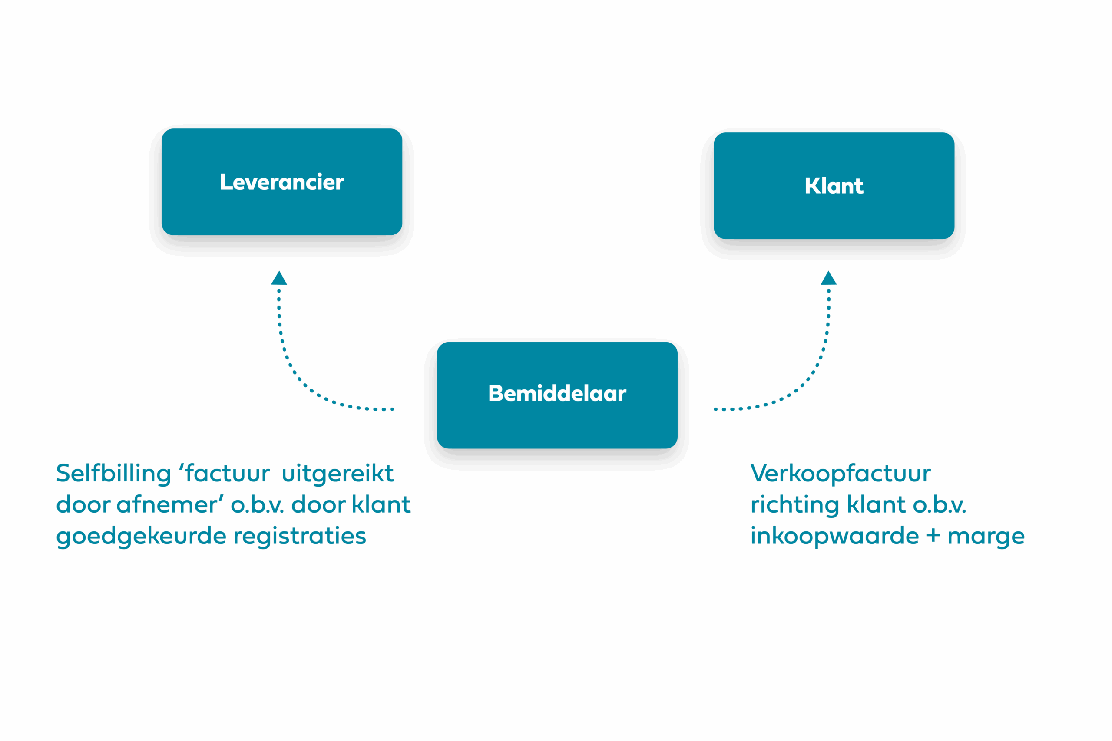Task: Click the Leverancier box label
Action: tap(282, 182)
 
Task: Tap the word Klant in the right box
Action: tap(834, 186)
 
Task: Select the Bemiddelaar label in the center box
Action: tap(557, 394)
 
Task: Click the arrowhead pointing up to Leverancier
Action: tap(279, 278)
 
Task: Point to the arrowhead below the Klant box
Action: tap(828, 278)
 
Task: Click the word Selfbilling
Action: tap(113, 474)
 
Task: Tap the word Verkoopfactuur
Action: tap(841, 474)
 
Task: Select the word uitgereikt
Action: tap(338, 474)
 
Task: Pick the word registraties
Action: tap(300, 537)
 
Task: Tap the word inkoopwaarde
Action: tap(834, 537)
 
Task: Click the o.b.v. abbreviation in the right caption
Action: tap(940, 505)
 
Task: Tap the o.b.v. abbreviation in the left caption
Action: tap(257, 505)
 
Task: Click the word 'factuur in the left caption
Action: tap(225, 474)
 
